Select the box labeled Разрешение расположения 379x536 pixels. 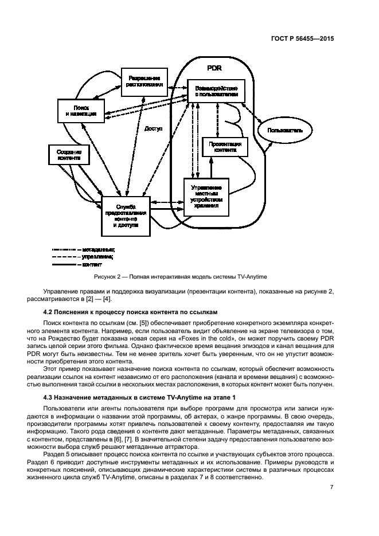click(143, 81)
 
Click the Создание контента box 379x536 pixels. click(69, 155)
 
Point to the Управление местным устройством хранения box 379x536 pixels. click(205, 197)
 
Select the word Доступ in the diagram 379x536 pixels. click(154, 129)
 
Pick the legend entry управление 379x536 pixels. click(97, 257)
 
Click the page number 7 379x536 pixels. click(332, 487)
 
